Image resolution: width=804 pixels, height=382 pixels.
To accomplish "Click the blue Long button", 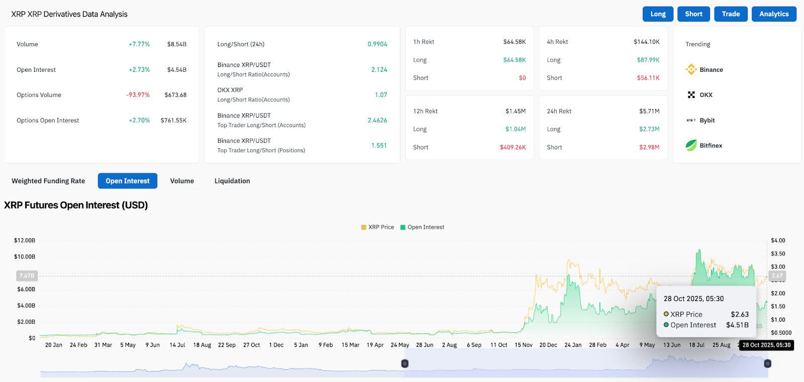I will coord(658,14).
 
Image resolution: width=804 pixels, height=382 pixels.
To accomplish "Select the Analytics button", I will coord(774,14).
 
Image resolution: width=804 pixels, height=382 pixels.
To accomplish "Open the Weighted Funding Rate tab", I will coord(48,181).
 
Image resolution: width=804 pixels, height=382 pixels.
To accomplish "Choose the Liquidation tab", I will coord(232,181).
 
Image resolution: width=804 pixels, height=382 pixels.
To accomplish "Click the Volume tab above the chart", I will coord(182,181).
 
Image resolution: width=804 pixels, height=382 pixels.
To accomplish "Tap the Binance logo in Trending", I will coord(691,69).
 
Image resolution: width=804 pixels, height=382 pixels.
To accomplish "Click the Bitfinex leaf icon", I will coord(691,145).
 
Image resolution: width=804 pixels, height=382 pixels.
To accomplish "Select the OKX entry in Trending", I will coord(706,95).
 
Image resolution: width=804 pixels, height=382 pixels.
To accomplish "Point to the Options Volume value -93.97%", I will coord(138,95).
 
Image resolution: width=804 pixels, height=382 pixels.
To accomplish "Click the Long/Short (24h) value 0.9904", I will coord(377,44).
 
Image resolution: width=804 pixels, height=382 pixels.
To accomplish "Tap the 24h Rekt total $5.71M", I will coord(649,111).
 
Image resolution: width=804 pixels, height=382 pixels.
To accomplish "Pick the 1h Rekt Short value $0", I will coord(522,78).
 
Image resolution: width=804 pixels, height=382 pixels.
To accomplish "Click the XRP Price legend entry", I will coord(377,227).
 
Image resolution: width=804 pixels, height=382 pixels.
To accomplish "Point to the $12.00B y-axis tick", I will coord(25,240).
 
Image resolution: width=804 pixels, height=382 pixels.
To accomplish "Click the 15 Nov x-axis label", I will coord(523,345).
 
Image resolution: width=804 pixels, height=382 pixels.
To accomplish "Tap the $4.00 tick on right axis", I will coord(778,240).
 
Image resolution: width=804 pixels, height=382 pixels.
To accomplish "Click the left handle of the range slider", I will coord(405,363).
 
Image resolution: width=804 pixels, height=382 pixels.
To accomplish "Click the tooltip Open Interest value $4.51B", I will coord(737,325).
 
